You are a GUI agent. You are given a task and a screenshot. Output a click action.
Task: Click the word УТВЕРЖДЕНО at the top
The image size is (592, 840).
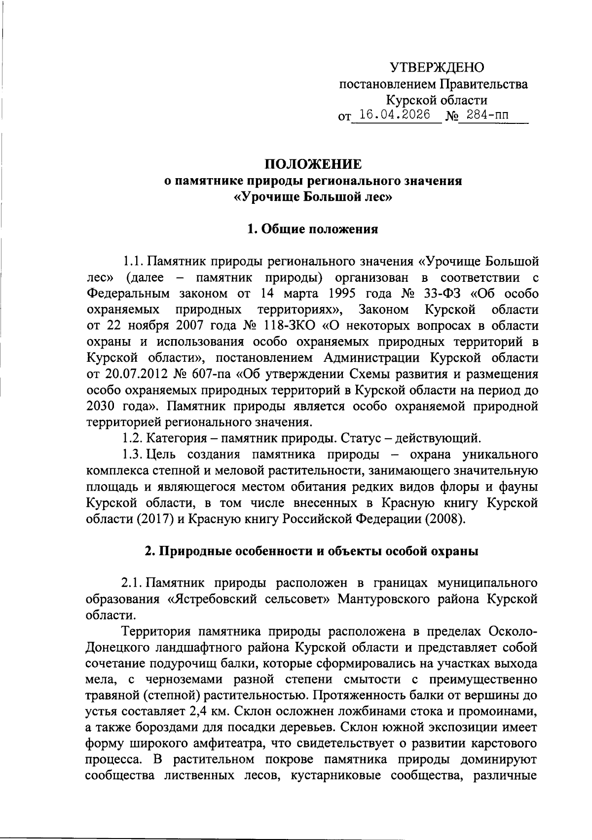point(437,67)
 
